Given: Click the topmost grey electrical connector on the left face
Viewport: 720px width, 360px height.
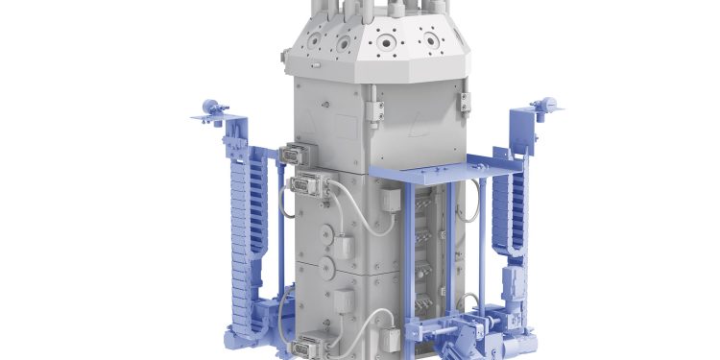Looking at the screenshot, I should (292, 155).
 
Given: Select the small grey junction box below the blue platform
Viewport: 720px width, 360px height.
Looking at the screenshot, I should (392, 201).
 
